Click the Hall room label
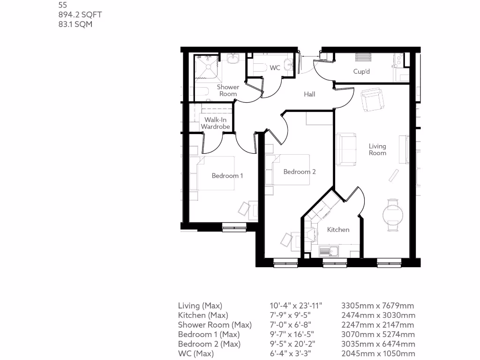(309, 94)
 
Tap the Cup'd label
(361, 72)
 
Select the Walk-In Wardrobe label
(215, 123)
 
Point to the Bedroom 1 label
(227, 176)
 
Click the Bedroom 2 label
(300, 172)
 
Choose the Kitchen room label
(338, 230)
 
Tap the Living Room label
(377, 150)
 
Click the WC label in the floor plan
(275, 68)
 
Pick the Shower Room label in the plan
(228, 90)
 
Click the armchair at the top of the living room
(373, 99)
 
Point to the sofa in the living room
(345, 150)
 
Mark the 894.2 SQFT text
(80, 15)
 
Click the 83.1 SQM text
(75, 24)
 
